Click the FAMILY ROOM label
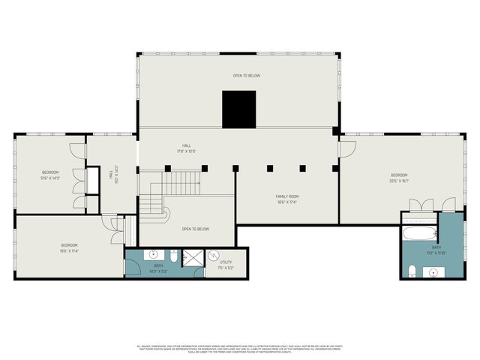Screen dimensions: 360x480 click(x=287, y=196)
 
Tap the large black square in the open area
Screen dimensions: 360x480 click(x=238, y=109)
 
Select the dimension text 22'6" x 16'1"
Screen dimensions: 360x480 click(x=398, y=181)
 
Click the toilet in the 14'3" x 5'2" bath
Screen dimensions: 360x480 click(x=173, y=257)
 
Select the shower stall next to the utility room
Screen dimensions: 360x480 click(x=192, y=257)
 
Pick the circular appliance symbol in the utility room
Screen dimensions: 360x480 click(x=213, y=254)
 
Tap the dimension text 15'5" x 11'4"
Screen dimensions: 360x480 click(x=69, y=251)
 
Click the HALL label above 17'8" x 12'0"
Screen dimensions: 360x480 click(x=186, y=145)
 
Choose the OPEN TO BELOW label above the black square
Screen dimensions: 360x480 click(x=246, y=76)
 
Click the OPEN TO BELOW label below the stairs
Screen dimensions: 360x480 click(x=195, y=229)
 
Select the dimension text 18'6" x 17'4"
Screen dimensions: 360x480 click(x=287, y=202)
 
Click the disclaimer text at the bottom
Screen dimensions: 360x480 click(x=240, y=348)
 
